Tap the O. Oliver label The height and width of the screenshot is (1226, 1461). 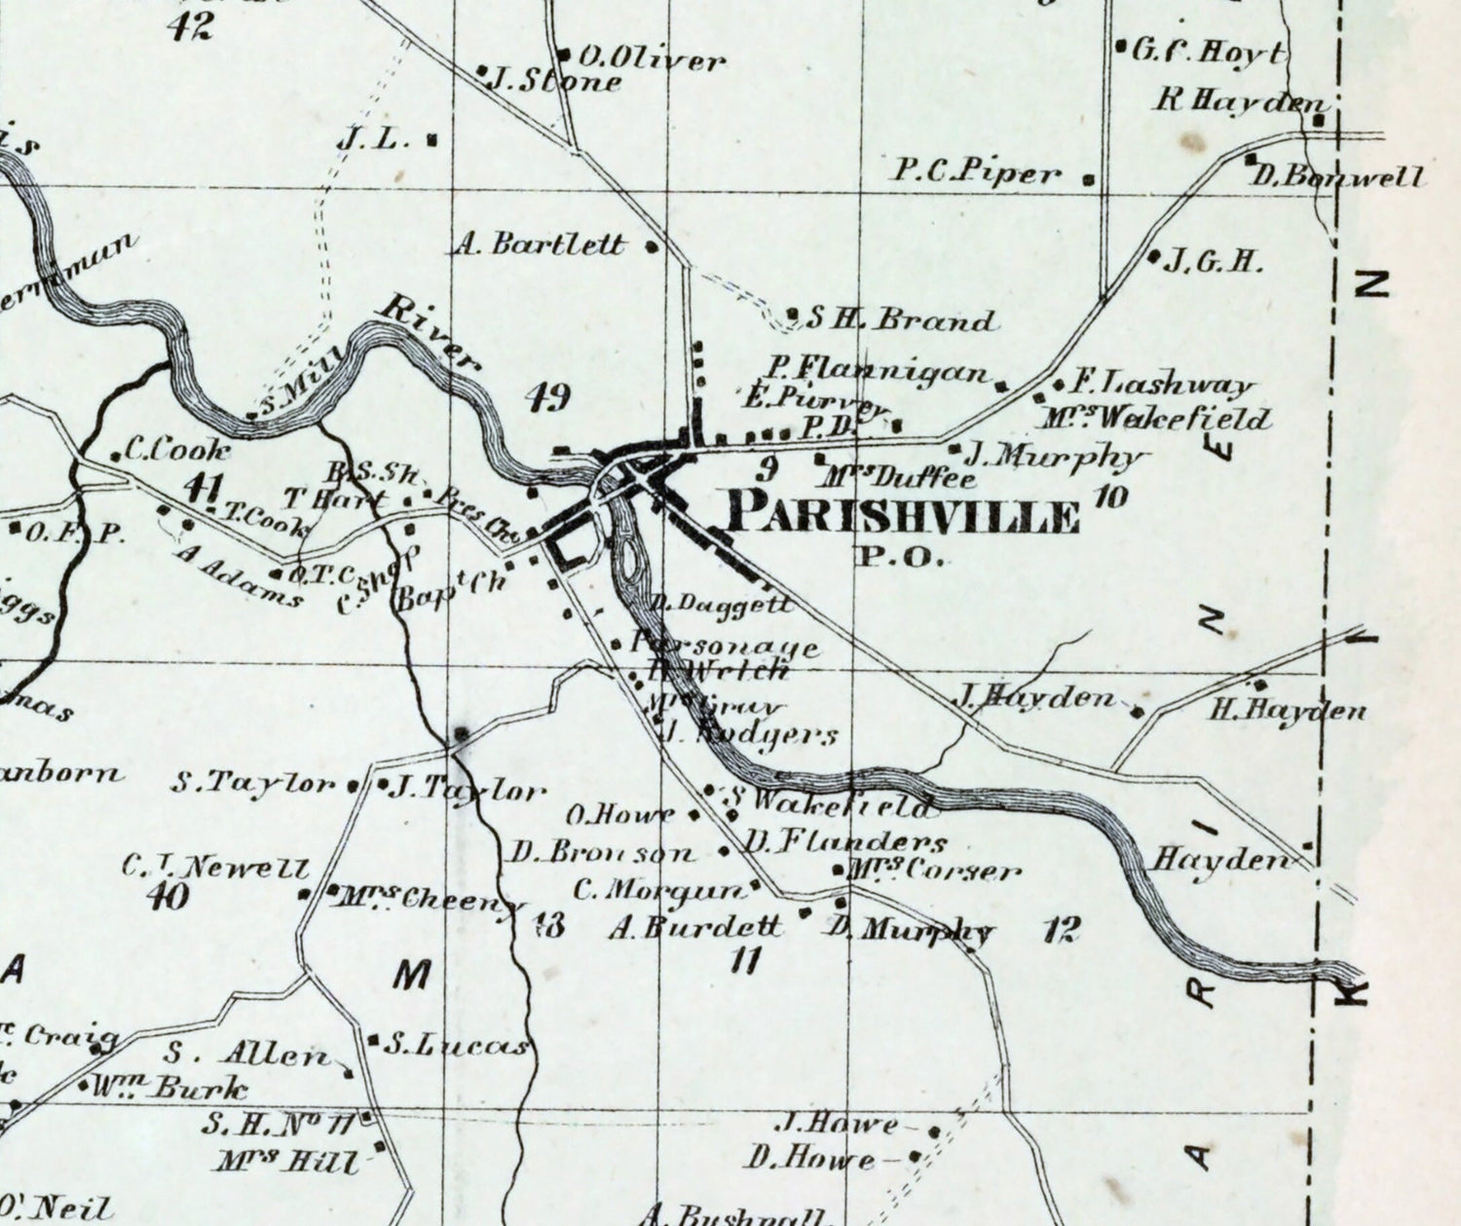[x=653, y=60]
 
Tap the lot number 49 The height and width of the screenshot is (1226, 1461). [x=547, y=397]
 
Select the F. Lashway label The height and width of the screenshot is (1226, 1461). [x=1162, y=385]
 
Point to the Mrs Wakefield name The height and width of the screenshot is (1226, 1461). [x=1155, y=420]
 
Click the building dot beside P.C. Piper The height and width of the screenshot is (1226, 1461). [x=1089, y=179]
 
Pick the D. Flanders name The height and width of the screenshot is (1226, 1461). [x=845, y=841]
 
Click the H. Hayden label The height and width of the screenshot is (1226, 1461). [x=1288, y=710]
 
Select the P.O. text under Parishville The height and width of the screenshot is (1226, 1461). [x=900, y=558]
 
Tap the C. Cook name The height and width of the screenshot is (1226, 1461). [x=178, y=450]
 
